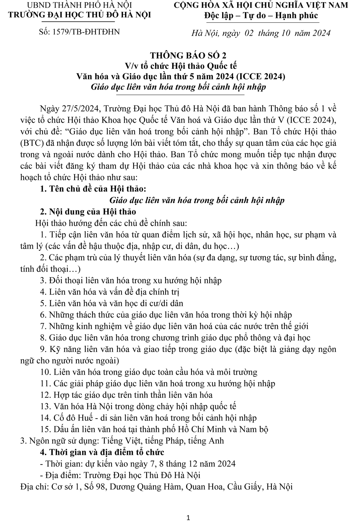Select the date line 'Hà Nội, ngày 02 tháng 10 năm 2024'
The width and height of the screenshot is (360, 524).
click(x=262, y=33)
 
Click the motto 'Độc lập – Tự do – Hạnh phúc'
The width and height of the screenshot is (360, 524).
click(x=261, y=15)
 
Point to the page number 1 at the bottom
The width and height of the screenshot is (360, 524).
click(x=189, y=518)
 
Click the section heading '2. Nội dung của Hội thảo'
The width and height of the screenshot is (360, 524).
click(x=88, y=211)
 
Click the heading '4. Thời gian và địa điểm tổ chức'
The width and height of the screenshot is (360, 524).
click(x=102, y=452)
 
